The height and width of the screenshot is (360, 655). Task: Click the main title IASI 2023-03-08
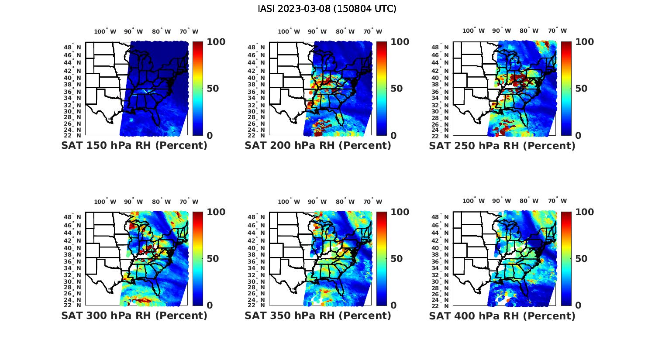[x=327, y=9]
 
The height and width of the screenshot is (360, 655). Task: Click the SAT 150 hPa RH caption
[x=134, y=146]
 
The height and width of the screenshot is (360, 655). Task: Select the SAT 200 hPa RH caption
[x=318, y=146]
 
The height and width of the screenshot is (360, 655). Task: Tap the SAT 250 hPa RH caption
[x=502, y=146]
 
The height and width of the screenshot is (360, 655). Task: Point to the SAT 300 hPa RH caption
[x=134, y=315]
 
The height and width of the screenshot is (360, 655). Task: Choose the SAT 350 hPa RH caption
[x=318, y=315]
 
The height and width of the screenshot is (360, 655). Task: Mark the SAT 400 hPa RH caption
[x=502, y=315]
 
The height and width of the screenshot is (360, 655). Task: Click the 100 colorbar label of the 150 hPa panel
[x=216, y=42]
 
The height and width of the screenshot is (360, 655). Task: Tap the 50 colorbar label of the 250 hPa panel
[x=582, y=89]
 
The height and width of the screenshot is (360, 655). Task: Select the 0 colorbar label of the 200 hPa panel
[x=393, y=136]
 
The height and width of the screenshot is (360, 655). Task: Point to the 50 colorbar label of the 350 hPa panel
[x=397, y=259]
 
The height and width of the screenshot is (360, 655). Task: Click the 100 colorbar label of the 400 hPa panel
[x=584, y=212]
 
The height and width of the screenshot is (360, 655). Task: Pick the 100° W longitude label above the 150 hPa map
[x=105, y=31]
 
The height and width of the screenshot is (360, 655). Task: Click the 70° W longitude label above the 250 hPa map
[x=558, y=31]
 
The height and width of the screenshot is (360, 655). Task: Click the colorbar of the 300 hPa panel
[x=198, y=258]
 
